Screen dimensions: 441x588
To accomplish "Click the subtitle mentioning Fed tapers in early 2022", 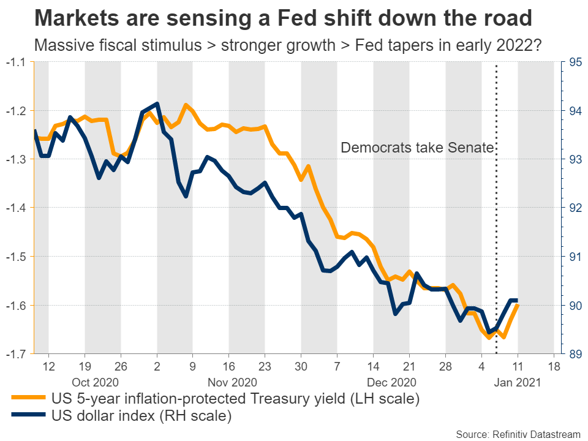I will point(287,45).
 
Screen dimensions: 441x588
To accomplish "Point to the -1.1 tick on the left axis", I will point(17,62).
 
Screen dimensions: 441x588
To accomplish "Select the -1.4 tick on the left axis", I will point(17,208).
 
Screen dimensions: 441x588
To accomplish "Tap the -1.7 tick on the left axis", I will point(17,353).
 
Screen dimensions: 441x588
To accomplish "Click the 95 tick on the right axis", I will point(575,62).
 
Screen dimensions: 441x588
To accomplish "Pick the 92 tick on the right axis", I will point(575,208).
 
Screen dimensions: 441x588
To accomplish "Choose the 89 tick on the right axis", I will point(575,353).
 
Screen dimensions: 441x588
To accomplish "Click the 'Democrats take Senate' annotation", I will point(417,148).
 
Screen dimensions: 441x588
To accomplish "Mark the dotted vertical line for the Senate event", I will point(496,245).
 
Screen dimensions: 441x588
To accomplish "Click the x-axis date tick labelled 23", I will point(265,367).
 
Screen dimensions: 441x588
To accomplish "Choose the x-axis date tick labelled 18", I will point(554,367).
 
